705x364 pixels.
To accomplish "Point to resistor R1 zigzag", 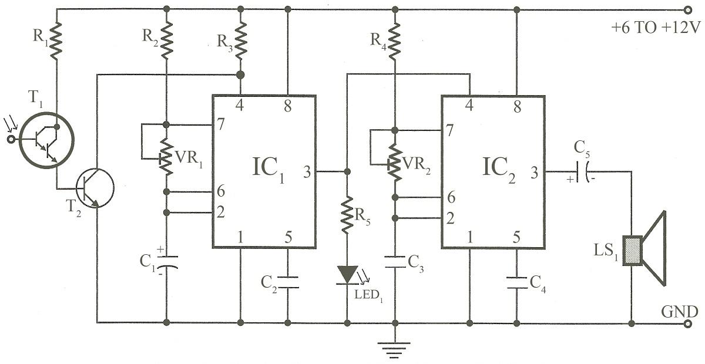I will tap(56, 40).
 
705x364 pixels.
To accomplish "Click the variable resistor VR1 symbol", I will tap(166, 158).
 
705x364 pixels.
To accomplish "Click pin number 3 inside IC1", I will tap(307, 172).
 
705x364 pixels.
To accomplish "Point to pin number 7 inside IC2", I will tap(451, 130).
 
